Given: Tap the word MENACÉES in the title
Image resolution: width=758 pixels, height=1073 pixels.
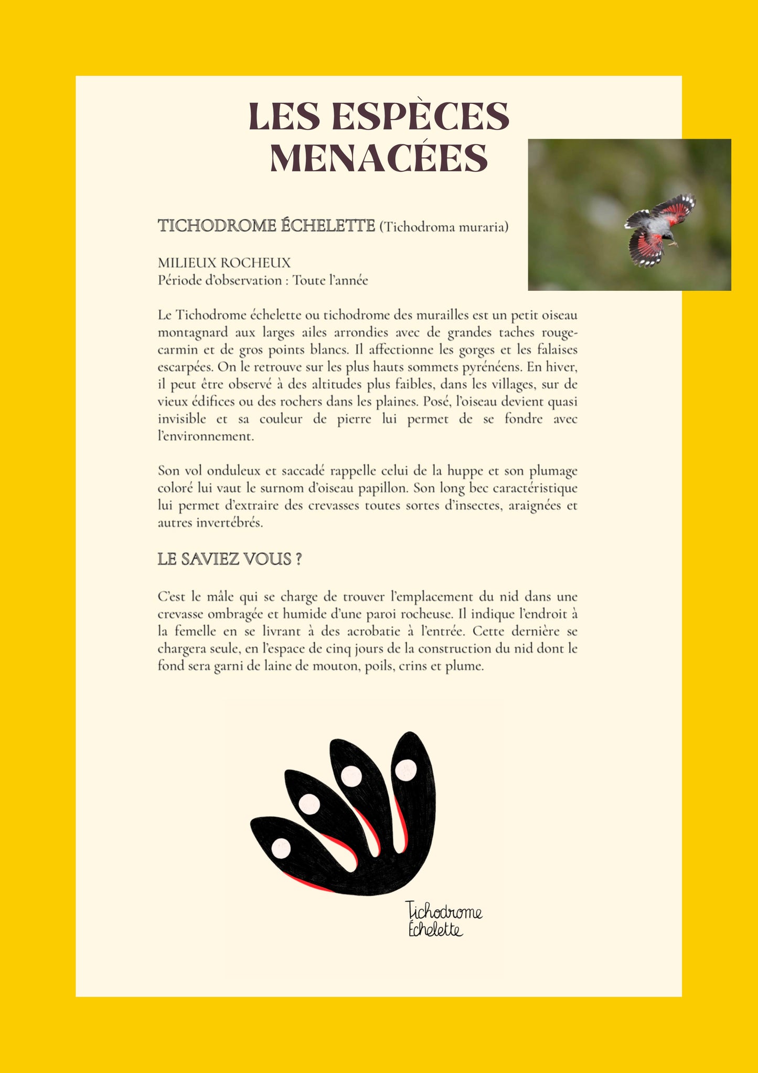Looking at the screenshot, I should point(379,158).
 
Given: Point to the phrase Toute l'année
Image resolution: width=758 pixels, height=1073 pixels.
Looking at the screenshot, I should point(330,280).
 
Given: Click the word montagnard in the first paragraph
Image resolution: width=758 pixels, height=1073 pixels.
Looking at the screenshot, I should point(193,333).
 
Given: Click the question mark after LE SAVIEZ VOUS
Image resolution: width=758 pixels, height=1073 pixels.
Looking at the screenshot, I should point(299,559).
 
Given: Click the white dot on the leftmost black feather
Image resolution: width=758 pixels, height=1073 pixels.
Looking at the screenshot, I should point(281,848).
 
